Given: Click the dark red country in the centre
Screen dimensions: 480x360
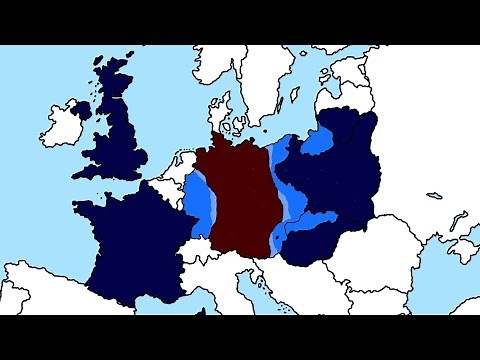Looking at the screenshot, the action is pos(235,195).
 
